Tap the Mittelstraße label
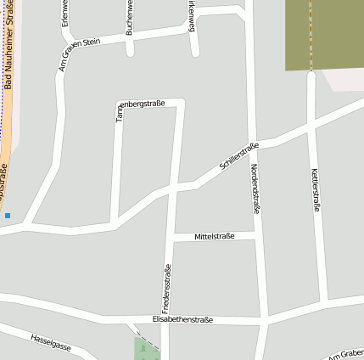point(214,235)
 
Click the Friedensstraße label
point(167,289)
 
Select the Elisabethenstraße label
point(182,320)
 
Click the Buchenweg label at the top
point(130,17)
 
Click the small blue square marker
point(8,216)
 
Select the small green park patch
point(146,349)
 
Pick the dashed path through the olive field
point(311,34)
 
